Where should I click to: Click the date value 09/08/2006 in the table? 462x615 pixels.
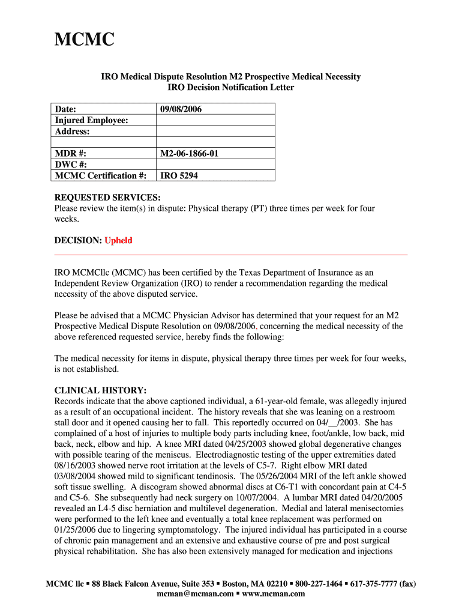[x=181, y=109]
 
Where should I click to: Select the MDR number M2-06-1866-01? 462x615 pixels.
[x=189, y=154]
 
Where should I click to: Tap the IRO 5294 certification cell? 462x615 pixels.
[x=179, y=176]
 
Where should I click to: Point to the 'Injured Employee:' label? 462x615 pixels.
[x=91, y=121]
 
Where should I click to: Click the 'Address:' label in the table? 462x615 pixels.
[x=73, y=132]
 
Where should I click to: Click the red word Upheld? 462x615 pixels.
[x=118, y=241]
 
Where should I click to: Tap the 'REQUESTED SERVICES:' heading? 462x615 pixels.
[x=107, y=198]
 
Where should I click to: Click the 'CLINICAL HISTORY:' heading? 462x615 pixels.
[x=100, y=390]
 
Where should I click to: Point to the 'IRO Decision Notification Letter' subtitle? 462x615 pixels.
[x=230, y=88]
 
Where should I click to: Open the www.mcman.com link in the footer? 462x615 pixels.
[x=273, y=594]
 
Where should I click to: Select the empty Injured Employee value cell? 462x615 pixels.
[x=215, y=121]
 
